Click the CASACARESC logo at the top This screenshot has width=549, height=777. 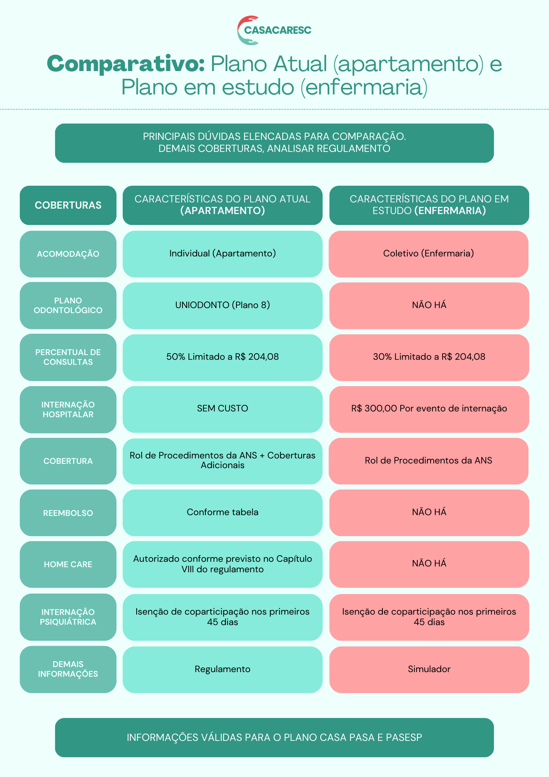pos(274,30)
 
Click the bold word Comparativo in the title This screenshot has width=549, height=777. pos(126,63)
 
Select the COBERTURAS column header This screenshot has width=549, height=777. pos(68,205)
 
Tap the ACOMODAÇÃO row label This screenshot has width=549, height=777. pos(68,254)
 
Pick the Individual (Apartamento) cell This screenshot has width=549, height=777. pos(222,254)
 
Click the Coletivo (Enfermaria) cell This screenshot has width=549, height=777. pos(429,254)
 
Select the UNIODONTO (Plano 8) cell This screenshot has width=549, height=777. pos(222,305)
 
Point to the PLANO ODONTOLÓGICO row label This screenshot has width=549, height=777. pos(68,305)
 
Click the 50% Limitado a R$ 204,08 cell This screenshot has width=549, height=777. pos(222,357)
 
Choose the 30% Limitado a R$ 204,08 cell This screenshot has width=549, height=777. pos(429,357)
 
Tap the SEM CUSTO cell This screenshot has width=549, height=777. pos(222,409)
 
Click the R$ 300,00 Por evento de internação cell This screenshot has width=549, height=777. pos(429,409)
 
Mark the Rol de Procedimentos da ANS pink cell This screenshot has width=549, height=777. pos(429,461)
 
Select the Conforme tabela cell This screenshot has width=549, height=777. pos(222,512)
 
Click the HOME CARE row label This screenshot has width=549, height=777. pos(68,564)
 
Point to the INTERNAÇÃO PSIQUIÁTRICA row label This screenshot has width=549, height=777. pos(68,617)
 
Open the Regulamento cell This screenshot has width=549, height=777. pos(222,669)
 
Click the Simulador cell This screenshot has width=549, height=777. pos(429,669)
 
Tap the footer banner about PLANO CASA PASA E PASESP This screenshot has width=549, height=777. pos(274,737)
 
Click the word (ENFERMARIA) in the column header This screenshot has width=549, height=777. pos(450,211)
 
